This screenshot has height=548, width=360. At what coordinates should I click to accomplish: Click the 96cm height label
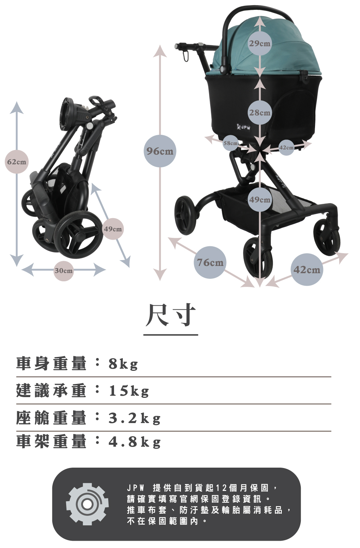pyautogui.click(x=160, y=151)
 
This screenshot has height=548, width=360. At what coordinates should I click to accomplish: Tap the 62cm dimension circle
pyautogui.click(x=17, y=161)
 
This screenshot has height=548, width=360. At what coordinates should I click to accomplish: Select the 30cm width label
pyautogui.click(x=64, y=271)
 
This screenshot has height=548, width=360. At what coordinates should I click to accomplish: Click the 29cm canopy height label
pyautogui.click(x=260, y=43)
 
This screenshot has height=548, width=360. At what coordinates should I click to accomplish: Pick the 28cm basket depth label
pyautogui.click(x=260, y=113)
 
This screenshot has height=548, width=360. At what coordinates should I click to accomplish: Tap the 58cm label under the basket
pyautogui.click(x=231, y=143)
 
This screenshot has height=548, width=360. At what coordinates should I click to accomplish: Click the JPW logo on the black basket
pyautogui.click(x=245, y=128)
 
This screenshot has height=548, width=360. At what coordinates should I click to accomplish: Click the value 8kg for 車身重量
pyautogui.click(x=123, y=364)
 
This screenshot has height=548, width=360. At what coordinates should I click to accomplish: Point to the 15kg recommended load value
pyautogui.click(x=129, y=391)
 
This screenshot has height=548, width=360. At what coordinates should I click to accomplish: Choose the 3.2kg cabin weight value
pyautogui.click(x=134, y=418)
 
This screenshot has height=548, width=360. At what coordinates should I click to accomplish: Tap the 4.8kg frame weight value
pyautogui.click(x=134, y=442)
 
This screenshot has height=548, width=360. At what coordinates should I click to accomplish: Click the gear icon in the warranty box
pyautogui.click(x=87, y=504)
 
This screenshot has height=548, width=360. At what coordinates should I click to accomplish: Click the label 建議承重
pyautogui.click(x=51, y=391)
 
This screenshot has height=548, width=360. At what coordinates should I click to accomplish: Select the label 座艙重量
pyautogui.click(x=51, y=418)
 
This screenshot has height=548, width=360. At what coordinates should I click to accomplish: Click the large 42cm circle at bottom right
pyautogui.click(x=307, y=270)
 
